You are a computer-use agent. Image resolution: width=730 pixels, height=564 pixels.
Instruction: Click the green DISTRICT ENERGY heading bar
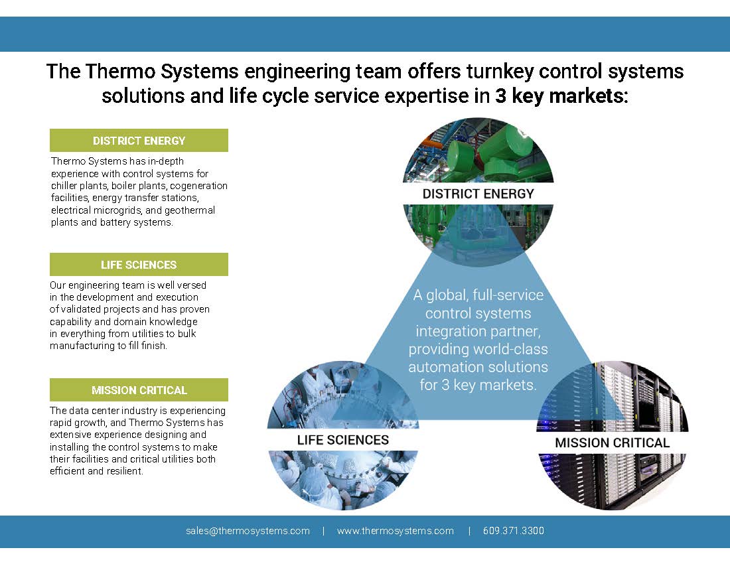(x=139, y=141)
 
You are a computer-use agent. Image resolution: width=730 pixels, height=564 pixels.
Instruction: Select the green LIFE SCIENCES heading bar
(x=139, y=265)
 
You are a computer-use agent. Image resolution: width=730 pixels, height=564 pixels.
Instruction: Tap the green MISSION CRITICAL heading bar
(x=139, y=390)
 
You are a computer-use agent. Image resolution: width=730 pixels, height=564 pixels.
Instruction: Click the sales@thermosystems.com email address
(x=248, y=531)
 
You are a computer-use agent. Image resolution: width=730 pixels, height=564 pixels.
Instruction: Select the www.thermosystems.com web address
(x=396, y=531)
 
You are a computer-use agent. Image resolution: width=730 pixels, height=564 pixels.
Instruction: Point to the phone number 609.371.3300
(x=514, y=531)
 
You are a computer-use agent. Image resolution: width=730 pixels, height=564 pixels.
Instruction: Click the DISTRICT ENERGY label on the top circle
(x=478, y=194)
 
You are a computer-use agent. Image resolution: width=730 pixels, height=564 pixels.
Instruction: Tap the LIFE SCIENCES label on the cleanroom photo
(x=342, y=440)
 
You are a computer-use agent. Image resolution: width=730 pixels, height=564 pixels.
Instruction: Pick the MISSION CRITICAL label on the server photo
(x=612, y=443)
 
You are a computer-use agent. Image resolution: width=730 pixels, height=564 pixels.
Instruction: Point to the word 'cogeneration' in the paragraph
(x=200, y=186)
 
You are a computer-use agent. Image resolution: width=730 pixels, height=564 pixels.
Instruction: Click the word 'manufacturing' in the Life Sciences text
(x=80, y=345)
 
